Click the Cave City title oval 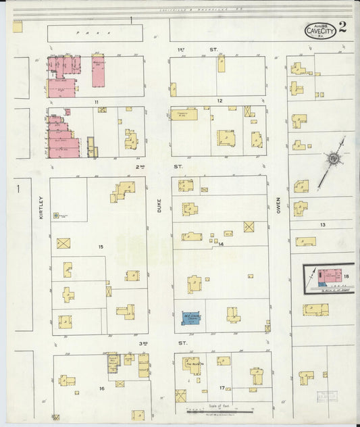319,30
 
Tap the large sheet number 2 344,28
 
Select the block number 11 97,101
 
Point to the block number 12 219,101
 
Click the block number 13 323,224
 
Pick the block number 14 220,244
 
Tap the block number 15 100,247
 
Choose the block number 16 102,388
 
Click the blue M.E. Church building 192,316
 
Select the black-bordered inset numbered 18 328,277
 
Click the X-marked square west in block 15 63,243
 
